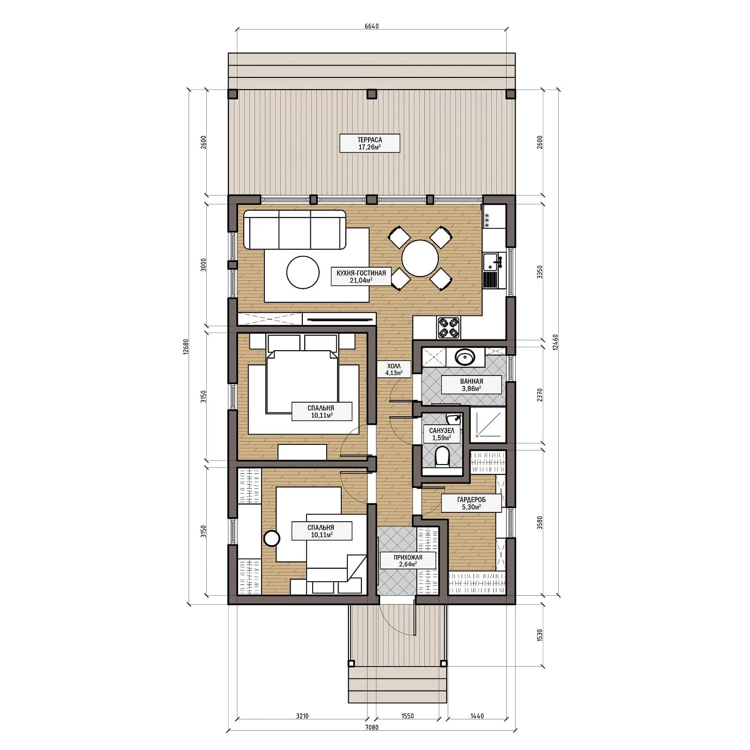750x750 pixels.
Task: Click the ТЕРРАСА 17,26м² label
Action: (x=369, y=143)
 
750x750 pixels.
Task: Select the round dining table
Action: (x=420, y=258)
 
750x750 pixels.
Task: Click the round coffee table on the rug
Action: (x=303, y=272)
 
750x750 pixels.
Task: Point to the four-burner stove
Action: (x=449, y=327)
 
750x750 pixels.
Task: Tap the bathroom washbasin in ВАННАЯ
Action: (x=465, y=358)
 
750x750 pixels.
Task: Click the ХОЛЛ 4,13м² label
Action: (x=394, y=369)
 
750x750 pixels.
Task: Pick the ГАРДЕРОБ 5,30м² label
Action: (x=472, y=503)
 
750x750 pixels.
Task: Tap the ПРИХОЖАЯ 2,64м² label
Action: (x=408, y=561)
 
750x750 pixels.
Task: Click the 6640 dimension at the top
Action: (x=371, y=26)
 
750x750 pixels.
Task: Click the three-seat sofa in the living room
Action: (x=295, y=230)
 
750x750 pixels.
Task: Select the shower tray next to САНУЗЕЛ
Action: (x=488, y=426)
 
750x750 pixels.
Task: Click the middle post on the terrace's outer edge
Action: (x=371, y=94)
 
